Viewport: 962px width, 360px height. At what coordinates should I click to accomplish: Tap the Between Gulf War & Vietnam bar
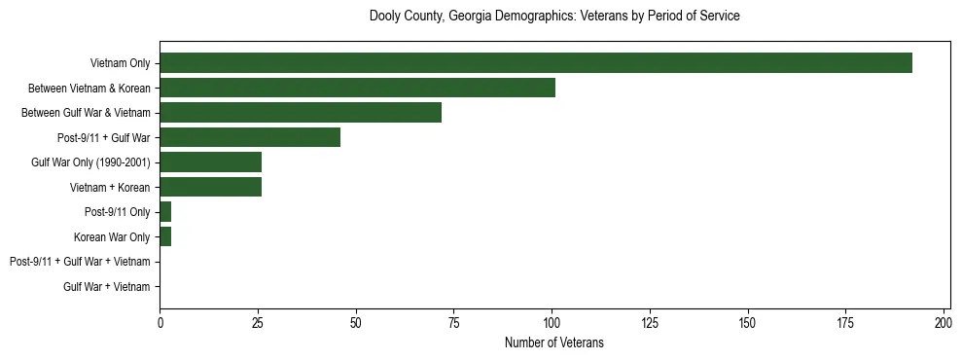point(301,113)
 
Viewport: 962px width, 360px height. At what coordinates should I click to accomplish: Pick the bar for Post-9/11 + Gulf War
point(250,137)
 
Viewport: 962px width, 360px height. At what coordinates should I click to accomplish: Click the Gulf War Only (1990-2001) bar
point(210,162)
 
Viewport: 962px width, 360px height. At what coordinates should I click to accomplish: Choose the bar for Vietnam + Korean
point(210,187)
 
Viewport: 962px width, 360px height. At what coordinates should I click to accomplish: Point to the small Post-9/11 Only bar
point(165,212)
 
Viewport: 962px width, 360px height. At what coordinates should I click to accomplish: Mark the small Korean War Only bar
point(165,236)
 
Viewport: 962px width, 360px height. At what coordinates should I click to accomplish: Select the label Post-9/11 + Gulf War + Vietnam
point(80,262)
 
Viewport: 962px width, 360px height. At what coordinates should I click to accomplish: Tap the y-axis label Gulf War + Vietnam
point(107,287)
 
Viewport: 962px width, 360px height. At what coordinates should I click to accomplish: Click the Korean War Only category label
point(112,236)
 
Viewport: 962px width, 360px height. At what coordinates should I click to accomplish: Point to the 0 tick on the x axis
point(160,322)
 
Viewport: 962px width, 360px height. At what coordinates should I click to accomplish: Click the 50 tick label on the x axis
point(356,322)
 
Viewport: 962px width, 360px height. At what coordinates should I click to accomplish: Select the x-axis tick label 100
point(552,322)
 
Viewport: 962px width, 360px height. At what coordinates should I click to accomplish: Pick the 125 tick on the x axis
point(650,322)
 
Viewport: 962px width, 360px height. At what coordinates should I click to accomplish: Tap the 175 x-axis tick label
point(845,322)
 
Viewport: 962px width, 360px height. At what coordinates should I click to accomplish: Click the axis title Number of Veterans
point(553,342)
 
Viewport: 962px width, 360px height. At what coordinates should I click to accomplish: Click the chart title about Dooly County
point(554,17)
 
